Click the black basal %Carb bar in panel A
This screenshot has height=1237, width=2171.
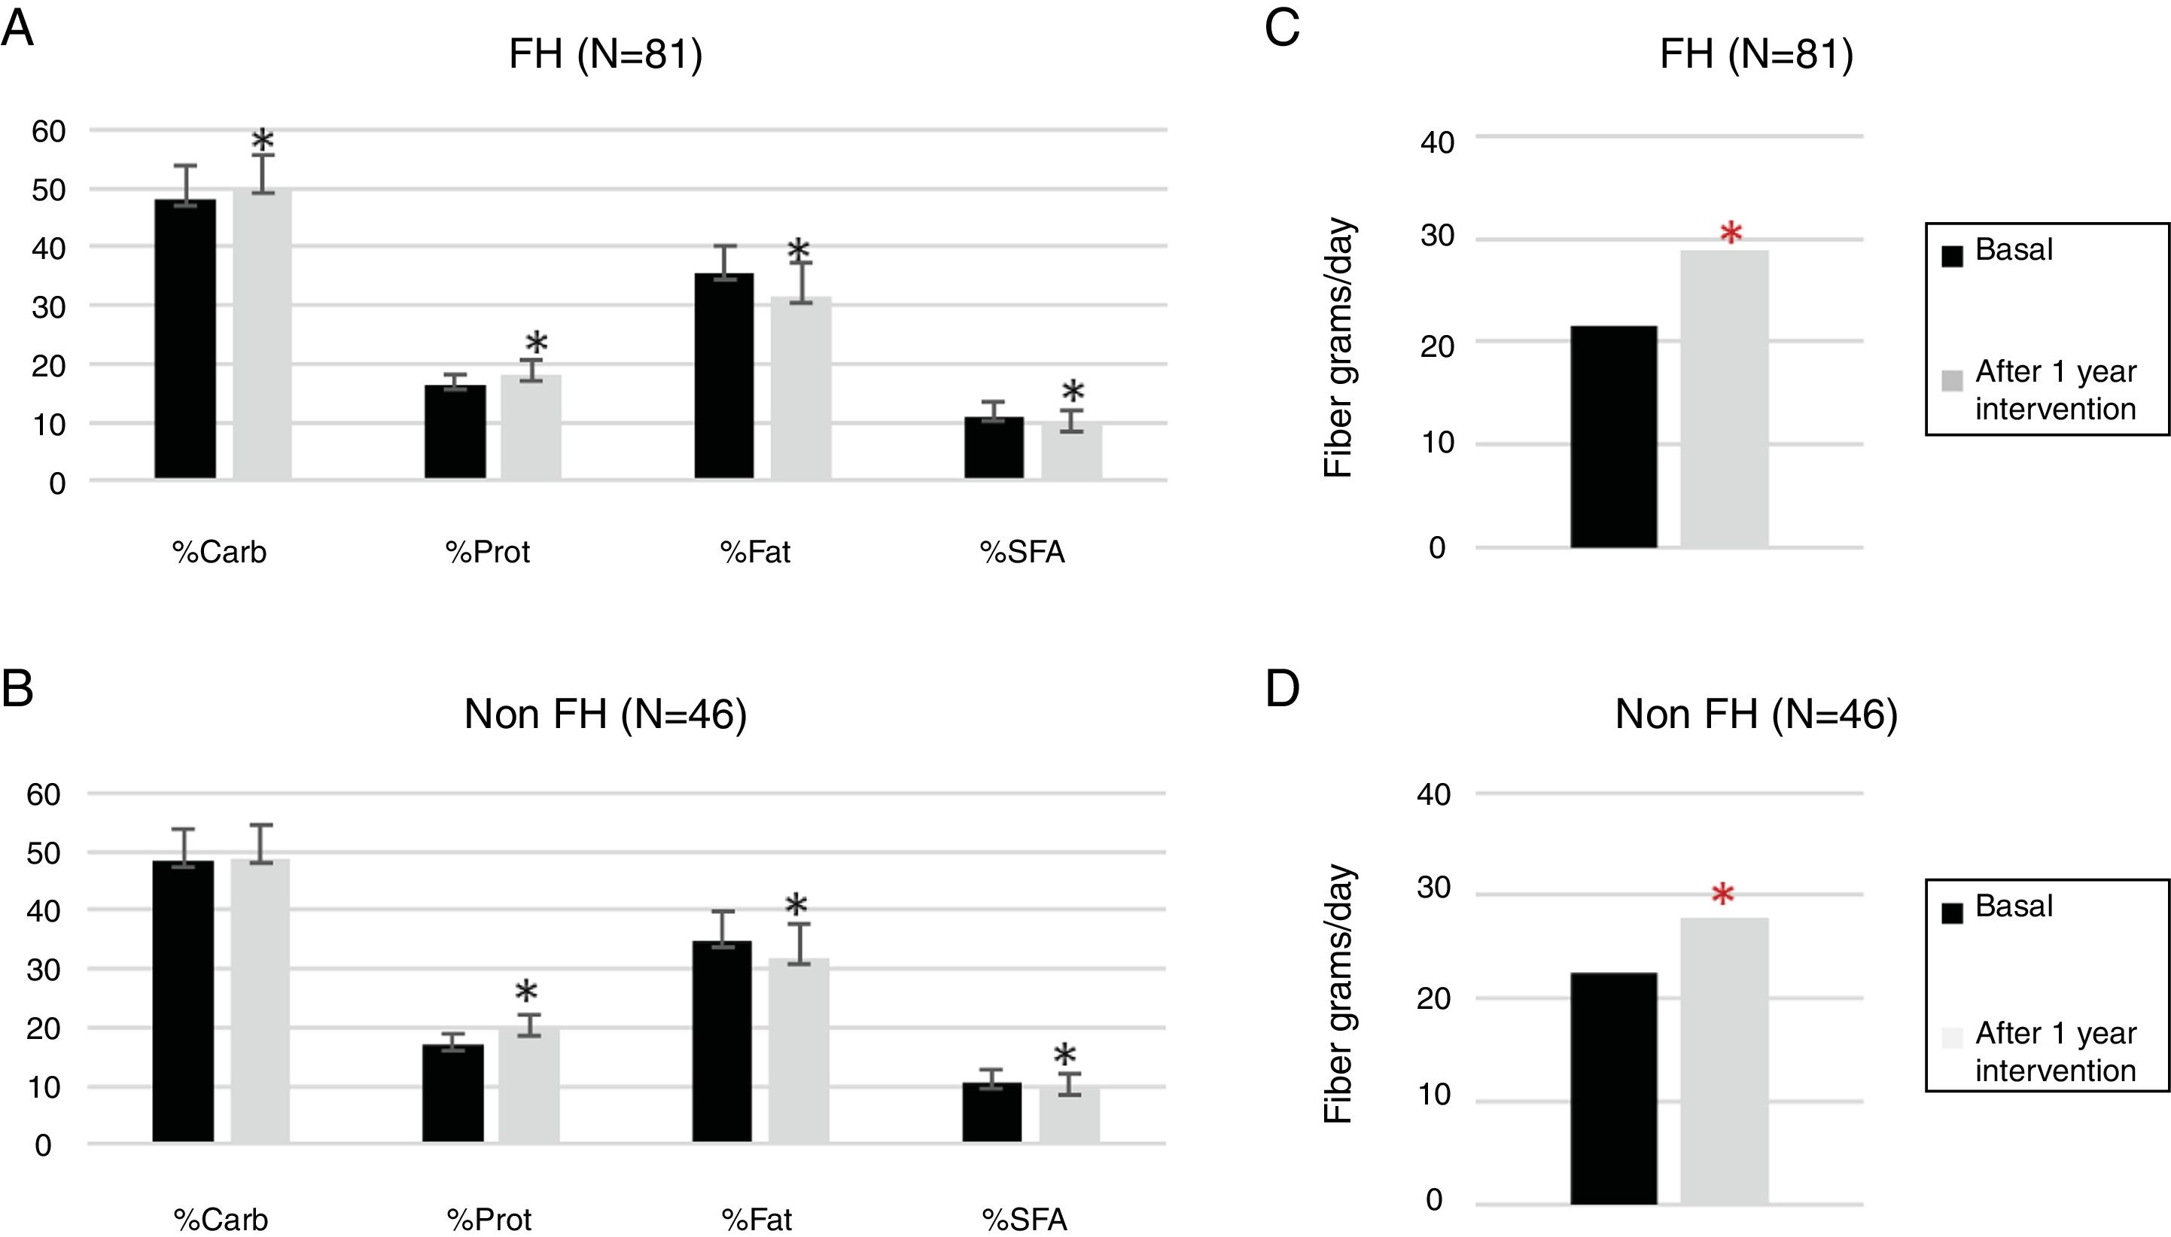pyautogui.click(x=185, y=340)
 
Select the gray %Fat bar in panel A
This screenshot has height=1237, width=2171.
pyautogui.click(x=801, y=388)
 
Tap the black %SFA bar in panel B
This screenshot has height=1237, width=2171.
pyautogui.click(x=992, y=1112)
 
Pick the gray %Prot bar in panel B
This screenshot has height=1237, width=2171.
pyautogui.click(x=529, y=1084)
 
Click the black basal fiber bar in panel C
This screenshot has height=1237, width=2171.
pyautogui.click(x=1614, y=437)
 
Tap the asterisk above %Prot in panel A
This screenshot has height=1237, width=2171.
pyautogui.click(x=536, y=344)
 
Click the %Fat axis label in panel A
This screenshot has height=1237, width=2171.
pyautogui.click(x=755, y=552)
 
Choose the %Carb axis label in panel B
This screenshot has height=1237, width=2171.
pyautogui.click(x=221, y=1219)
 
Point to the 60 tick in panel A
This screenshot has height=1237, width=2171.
pyautogui.click(x=48, y=131)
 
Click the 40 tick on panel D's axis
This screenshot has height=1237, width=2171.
pyautogui.click(x=1434, y=795)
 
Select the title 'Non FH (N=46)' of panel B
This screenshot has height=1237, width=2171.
pyautogui.click(x=604, y=714)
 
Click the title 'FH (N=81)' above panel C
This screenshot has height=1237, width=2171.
pyautogui.click(x=1755, y=54)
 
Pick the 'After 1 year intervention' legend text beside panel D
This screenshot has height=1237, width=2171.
pyautogui.click(x=2054, y=1052)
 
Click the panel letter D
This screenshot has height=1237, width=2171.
pyautogui.click(x=1282, y=689)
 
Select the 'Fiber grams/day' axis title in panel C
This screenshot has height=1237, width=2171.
pyautogui.click(x=1338, y=349)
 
